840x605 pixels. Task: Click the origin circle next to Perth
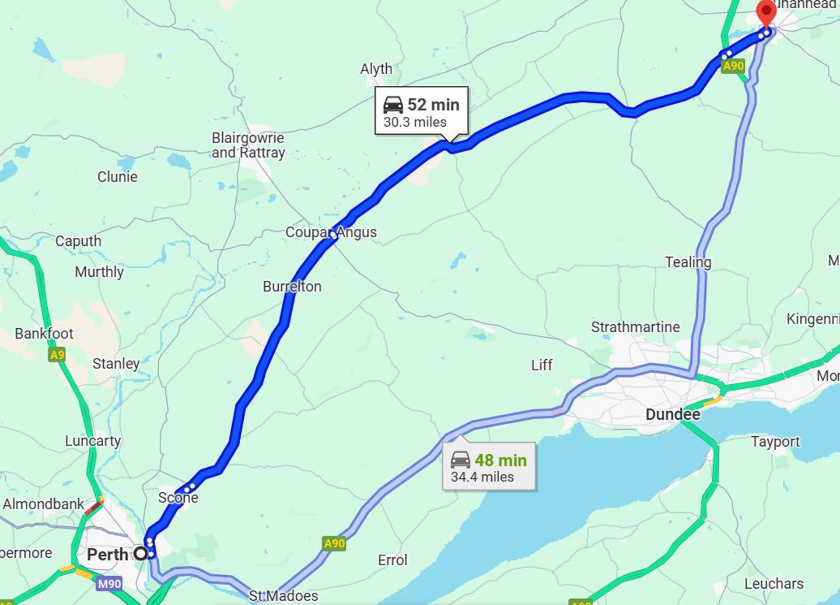click(x=141, y=553)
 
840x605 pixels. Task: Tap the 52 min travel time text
click(x=433, y=105)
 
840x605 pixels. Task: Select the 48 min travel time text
click(x=500, y=460)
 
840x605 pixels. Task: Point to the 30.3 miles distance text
click(x=415, y=122)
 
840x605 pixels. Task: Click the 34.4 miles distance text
click(x=482, y=477)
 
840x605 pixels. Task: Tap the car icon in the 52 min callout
click(x=393, y=105)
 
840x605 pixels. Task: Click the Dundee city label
click(x=673, y=415)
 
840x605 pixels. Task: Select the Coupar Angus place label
click(x=331, y=232)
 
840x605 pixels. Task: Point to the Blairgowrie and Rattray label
click(x=248, y=145)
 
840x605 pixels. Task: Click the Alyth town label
click(x=376, y=69)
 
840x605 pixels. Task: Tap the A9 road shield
click(x=57, y=354)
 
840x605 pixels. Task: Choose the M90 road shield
click(x=110, y=583)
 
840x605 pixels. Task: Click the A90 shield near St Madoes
click(x=334, y=544)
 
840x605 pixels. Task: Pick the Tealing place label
click(x=688, y=262)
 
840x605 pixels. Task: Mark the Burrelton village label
click(x=292, y=286)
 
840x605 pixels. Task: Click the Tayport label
click(x=775, y=441)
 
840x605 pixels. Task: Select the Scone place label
click(x=178, y=498)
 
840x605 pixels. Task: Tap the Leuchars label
click(x=773, y=583)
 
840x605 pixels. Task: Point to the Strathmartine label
click(x=635, y=327)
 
